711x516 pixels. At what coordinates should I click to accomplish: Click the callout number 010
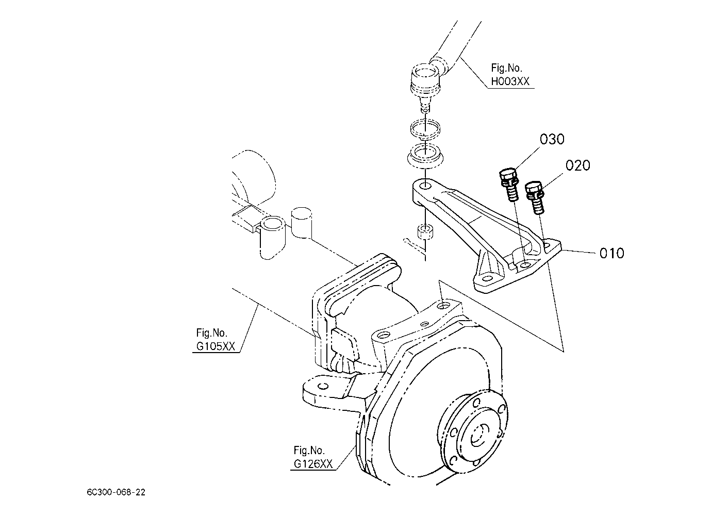[x=611, y=253]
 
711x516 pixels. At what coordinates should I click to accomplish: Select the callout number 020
[x=577, y=165]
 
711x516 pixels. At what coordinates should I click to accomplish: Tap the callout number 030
[x=552, y=139]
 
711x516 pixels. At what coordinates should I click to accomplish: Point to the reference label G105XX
[x=216, y=346]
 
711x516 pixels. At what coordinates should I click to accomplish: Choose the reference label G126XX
[x=313, y=464]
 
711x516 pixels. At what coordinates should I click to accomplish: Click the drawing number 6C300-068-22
[x=116, y=492]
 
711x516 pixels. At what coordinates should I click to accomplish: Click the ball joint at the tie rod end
[x=424, y=81]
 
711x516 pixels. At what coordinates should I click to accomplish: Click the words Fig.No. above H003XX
[x=507, y=68]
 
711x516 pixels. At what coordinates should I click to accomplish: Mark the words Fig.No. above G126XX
[x=309, y=450]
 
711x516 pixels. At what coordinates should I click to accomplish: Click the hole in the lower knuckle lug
[x=322, y=387]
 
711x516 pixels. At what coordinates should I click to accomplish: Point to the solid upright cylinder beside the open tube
[x=302, y=222]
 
